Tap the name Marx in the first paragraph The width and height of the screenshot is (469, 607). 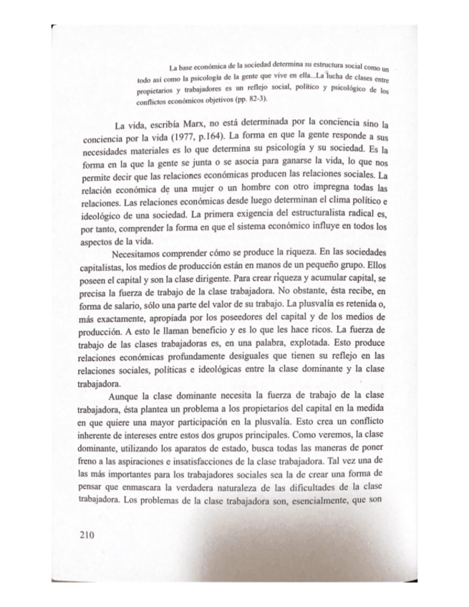(x=180, y=123)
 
